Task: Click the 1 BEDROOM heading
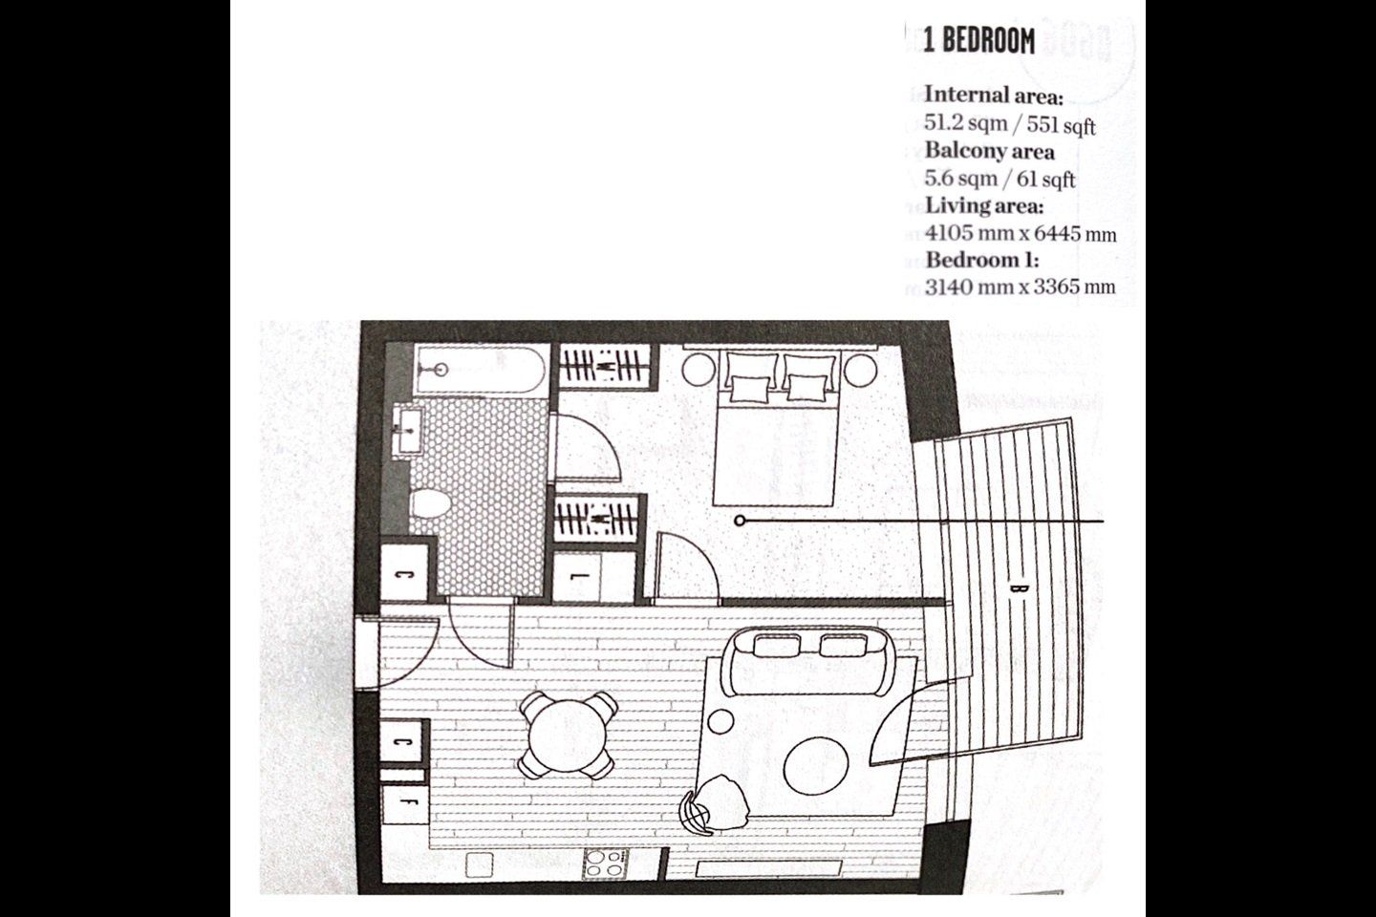978,41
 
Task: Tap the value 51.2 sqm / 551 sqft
1010,124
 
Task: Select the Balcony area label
989,151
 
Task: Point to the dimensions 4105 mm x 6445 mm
1021,233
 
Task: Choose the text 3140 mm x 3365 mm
1020,286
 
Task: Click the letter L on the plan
584,578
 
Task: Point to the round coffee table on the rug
817,763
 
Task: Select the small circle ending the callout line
741,521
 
